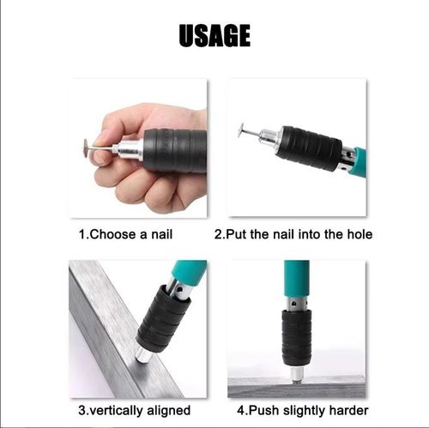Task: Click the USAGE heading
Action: coord(214,36)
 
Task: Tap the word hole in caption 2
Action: coord(356,233)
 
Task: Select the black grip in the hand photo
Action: coord(175,151)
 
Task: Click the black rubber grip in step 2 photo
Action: coord(308,147)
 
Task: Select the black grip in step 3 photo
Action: coord(162,318)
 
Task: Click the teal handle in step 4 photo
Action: coord(296,279)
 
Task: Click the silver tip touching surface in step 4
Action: coord(297,374)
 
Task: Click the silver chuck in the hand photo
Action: coord(129,151)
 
